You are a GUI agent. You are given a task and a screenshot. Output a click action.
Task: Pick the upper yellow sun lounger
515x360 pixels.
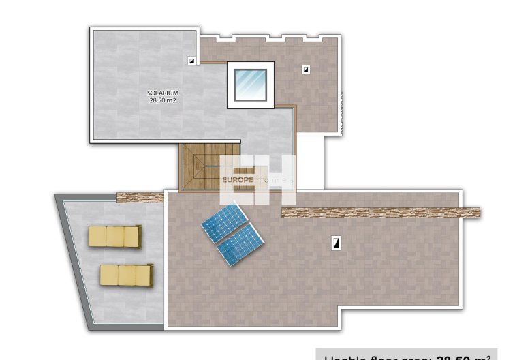point(114,236)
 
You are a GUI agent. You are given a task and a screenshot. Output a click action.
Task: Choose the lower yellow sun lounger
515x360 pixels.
point(125,275)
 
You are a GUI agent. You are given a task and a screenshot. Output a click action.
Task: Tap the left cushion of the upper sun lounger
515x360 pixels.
point(97,236)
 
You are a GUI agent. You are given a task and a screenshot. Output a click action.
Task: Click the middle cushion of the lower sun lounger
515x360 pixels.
point(127,275)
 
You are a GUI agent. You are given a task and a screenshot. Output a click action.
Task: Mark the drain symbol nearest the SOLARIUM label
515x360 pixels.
point(191,61)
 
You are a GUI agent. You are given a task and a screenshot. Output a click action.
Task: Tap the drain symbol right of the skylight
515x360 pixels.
point(306,69)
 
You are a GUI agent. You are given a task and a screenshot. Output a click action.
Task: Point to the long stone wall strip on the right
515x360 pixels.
point(381,212)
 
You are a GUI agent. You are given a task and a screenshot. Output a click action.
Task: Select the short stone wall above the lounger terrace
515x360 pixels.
point(141,198)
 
